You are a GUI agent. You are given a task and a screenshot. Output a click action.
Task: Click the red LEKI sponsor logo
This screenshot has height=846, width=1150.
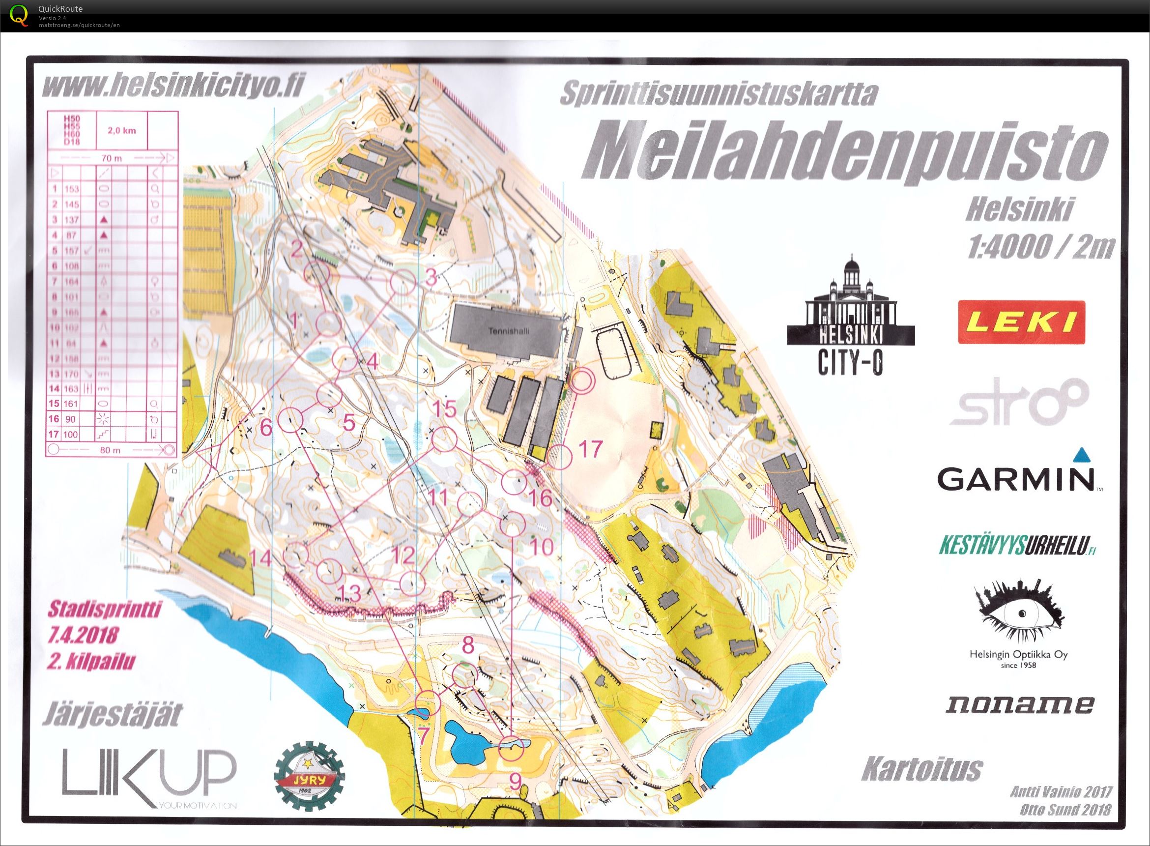[x=1021, y=322]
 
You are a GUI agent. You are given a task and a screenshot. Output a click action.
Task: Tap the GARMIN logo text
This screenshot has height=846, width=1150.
[x=1015, y=478]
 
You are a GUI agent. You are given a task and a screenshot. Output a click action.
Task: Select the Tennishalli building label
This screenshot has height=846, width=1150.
[x=509, y=331]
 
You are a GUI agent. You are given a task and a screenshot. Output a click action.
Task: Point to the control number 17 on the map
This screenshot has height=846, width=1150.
[x=590, y=449]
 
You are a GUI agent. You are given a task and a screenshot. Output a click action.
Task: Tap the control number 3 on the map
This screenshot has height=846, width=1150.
[x=431, y=277]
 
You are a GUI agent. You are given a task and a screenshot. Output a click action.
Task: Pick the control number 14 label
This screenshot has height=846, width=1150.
[x=259, y=557]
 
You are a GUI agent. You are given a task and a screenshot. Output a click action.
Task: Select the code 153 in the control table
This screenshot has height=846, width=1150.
[x=72, y=189]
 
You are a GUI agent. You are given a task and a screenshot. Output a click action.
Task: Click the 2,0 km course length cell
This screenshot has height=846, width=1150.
[x=121, y=131]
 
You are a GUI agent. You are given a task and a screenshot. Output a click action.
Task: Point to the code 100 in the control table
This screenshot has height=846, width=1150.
[x=71, y=435]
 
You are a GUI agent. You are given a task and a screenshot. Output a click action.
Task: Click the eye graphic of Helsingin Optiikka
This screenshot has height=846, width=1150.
[x=1018, y=613]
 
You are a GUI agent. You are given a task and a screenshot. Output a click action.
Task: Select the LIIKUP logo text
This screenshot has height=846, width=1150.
[x=149, y=777]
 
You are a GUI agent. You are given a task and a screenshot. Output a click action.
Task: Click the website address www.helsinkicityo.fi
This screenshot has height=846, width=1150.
[x=173, y=86]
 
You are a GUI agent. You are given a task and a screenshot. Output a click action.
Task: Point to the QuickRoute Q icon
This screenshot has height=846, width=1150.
[x=20, y=15]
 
